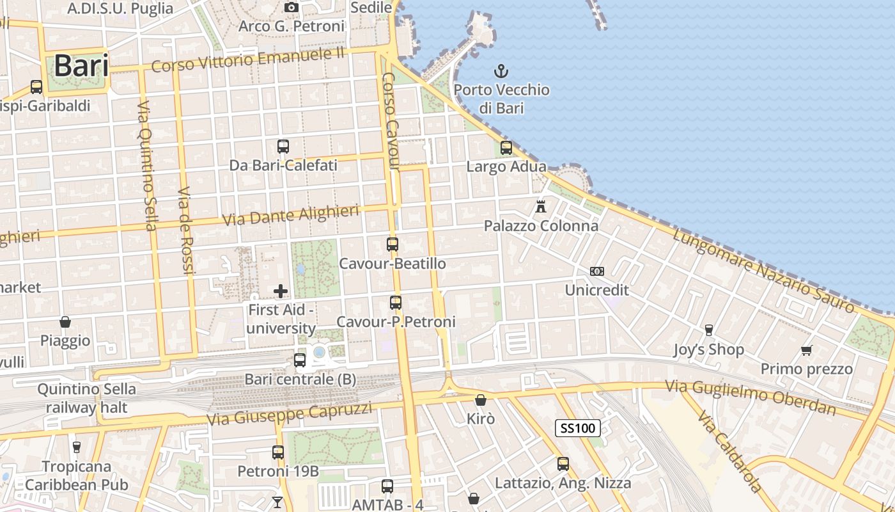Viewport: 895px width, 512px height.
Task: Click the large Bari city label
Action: click(81, 66)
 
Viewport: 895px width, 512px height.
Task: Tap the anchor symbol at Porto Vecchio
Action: click(502, 71)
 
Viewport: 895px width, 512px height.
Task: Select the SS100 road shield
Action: click(577, 428)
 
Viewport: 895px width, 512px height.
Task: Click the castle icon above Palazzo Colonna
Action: click(541, 207)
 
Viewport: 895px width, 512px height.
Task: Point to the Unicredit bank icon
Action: click(597, 271)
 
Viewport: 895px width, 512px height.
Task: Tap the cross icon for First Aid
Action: click(280, 291)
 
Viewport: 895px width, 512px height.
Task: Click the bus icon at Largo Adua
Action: click(506, 148)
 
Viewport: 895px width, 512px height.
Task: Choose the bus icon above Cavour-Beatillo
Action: click(393, 244)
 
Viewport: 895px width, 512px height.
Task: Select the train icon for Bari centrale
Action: click(300, 360)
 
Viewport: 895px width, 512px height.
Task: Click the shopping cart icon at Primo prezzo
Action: click(806, 350)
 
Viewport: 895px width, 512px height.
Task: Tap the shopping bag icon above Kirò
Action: click(480, 400)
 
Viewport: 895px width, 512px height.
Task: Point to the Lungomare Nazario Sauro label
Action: click(763, 271)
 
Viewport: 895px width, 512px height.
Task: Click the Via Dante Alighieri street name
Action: click(290, 215)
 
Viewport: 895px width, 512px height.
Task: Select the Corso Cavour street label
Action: click(391, 122)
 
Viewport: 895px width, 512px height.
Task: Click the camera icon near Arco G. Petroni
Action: click(292, 7)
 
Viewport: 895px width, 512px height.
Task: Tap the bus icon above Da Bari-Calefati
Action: click(283, 147)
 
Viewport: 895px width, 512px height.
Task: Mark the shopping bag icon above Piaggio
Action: click(65, 321)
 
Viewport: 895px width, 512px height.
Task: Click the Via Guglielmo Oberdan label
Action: click(751, 397)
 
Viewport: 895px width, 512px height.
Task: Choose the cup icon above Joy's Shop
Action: click(708, 330)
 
